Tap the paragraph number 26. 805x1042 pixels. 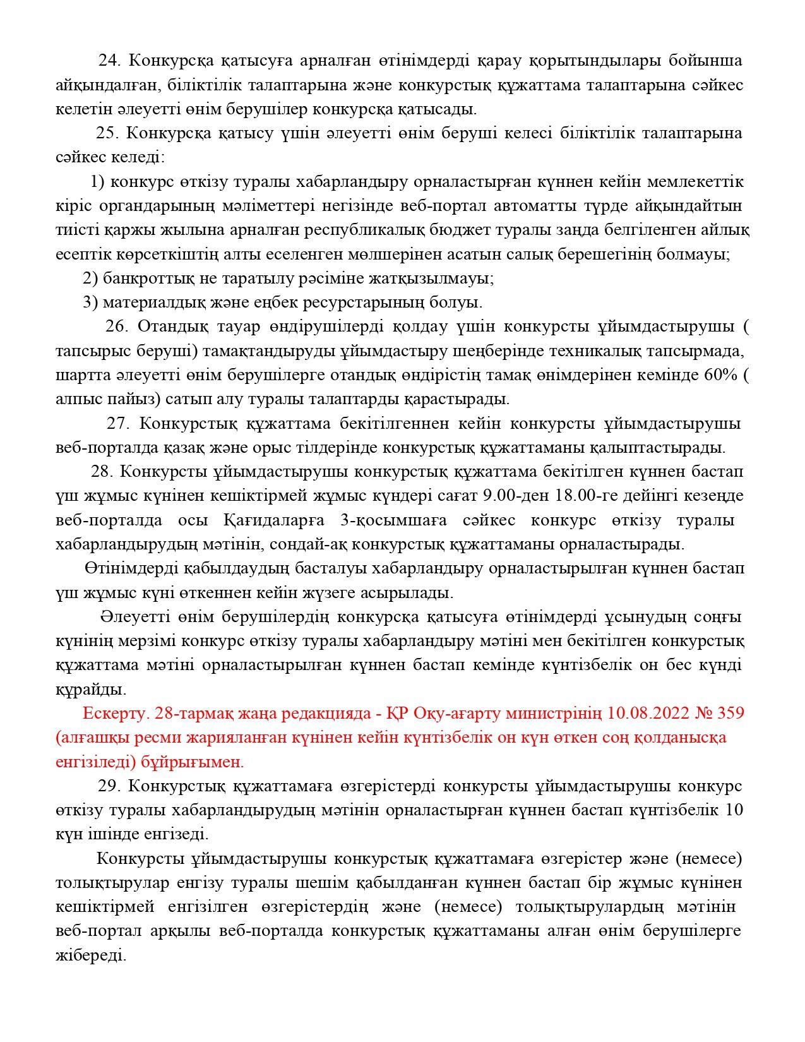tap(116, 326)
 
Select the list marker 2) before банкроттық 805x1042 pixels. tap(90, 278)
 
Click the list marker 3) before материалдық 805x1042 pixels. tap(90, 302)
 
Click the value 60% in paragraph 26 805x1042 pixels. tap(720, 375)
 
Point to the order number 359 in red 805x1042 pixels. tap(730, 713)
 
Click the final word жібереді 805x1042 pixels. tap(91, 954)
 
